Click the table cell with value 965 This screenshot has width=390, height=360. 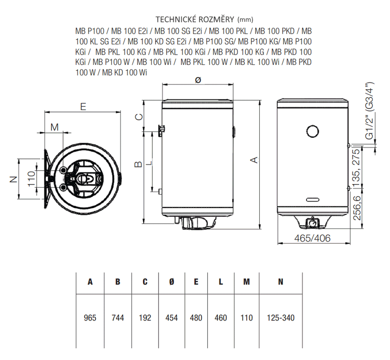tap(90, 318)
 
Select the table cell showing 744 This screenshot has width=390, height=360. tap(117, 318)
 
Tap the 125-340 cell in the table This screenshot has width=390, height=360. tap(281, 318)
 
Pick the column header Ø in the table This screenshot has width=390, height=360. tap(172, 282)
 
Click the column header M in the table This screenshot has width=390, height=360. tap(247, 282)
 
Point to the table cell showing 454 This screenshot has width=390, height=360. tap(172, 318)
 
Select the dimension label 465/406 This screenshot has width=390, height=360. tap(312, 238)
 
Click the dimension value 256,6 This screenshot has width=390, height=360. tap(357, 208)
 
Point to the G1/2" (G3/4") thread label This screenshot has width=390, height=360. tap(370, 111)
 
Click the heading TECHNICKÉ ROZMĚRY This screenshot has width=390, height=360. tap(195, 19)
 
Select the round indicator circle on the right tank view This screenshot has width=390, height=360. tap(312, 131)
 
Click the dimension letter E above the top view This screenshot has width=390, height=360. tap(83, 107)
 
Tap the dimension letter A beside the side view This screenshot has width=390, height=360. tap(254, 160)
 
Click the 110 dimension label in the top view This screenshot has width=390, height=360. tap(31, 179)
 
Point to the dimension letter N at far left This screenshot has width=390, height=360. tap(14, 179)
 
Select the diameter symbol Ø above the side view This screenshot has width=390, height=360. tap(198, 80)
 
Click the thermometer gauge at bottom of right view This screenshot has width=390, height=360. tap(312, 222)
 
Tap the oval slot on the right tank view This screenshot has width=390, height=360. tap(313, 200)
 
